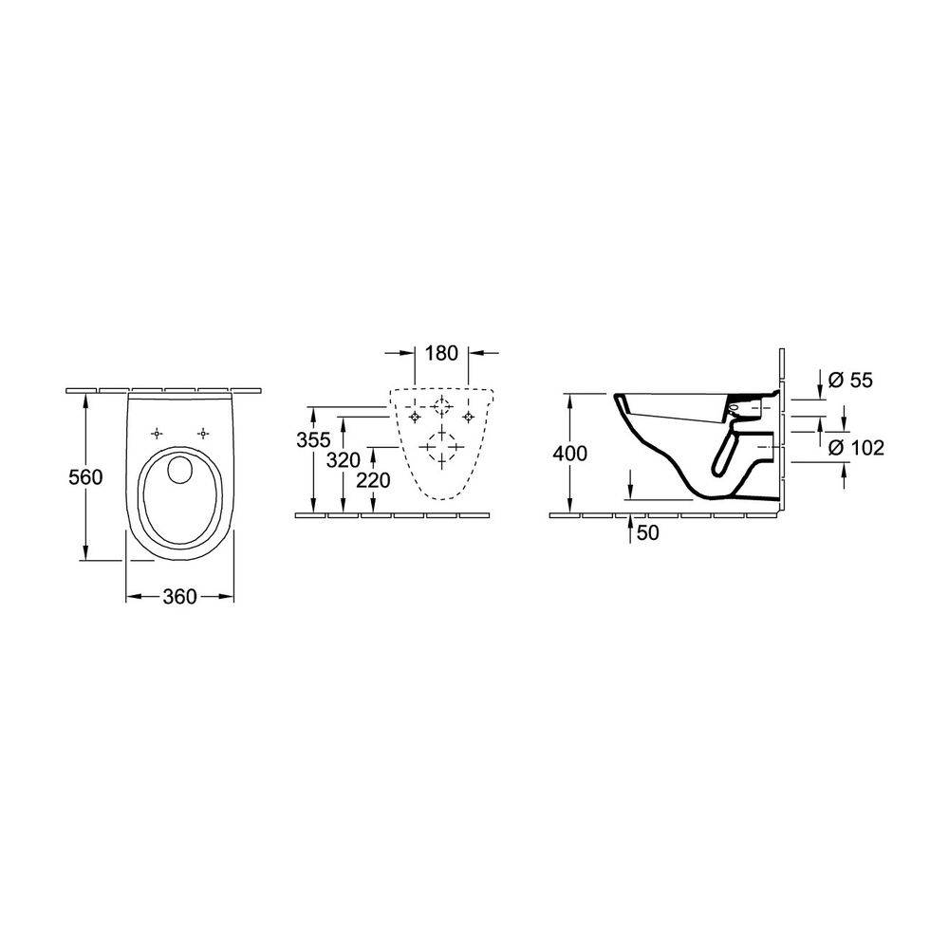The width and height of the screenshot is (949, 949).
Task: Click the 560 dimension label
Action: click(85, 477)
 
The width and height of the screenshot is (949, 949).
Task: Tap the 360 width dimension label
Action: click(179, 597)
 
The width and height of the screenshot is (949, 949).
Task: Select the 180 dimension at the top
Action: click(441, 353)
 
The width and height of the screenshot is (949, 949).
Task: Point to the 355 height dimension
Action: click(313, 440)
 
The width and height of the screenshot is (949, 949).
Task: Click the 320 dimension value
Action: click(344, 460)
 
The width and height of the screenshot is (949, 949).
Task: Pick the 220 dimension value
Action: click(373, 480)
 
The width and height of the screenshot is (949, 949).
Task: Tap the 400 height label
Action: click(569, 453)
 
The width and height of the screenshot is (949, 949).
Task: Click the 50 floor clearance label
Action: click(647, 533)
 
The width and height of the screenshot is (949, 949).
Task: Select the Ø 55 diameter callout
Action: click(850, 381)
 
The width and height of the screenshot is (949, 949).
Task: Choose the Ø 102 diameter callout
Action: click(856, 448)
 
